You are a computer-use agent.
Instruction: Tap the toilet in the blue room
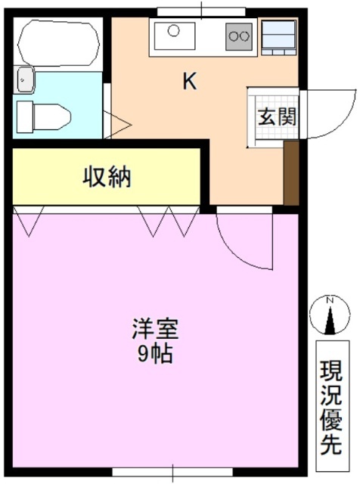pyautogui.click(x=45, y=116)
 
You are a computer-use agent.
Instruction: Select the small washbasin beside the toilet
pyautogui.click(x=25, y=78)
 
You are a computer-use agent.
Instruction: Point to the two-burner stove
pyautogui.click(x=240, y=34)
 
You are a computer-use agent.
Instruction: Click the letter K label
pyautogui.click(x=189, y=82)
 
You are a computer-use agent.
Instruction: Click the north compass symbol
pyautogui.click(x=329, y=318)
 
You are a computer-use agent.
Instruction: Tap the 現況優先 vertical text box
pyautogui.click(x=330, y=408)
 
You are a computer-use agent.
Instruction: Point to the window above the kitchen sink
pyautogui.click(x=201, y=11)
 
